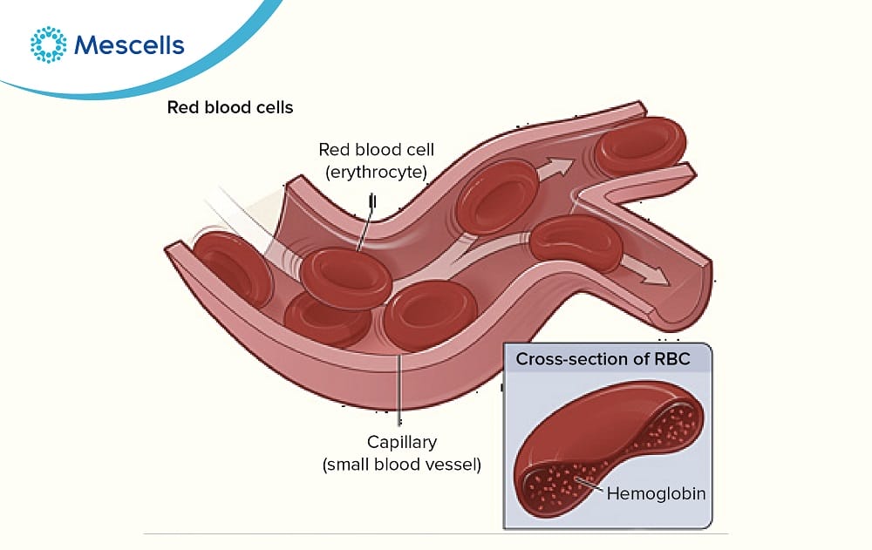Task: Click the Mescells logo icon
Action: (x=48, y=44)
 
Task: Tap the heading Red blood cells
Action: (x=230, y=108)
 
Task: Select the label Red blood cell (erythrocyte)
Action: (x=376, y=160)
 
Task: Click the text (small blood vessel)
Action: (x=402, y=465)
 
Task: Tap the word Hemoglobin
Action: (x=656, y=493)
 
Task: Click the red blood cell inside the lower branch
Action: (x=576, y=241)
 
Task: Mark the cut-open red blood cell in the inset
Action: (x=602, y=453)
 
